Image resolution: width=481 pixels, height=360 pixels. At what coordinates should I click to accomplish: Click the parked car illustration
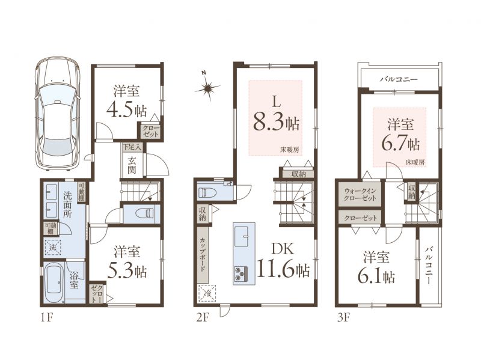58,113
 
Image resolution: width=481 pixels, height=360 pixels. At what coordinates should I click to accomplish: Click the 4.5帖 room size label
126,110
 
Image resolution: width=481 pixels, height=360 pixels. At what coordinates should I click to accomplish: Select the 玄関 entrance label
132,164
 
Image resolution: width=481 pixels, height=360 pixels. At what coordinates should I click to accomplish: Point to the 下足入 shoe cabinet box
132,147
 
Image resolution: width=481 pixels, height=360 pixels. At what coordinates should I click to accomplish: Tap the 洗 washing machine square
53,247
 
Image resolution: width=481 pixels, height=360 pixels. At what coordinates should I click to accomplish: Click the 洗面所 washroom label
68,204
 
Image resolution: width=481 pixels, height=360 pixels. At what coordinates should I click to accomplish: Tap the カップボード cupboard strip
203,255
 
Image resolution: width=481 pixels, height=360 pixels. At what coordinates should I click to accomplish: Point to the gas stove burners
241,274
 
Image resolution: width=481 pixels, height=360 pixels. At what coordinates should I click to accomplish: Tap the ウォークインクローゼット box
360,194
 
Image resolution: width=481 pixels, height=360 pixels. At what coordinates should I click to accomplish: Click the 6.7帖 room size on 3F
400,142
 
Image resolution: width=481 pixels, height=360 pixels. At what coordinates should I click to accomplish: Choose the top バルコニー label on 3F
399,79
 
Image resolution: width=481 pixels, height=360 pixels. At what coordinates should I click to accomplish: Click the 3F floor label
343,317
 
